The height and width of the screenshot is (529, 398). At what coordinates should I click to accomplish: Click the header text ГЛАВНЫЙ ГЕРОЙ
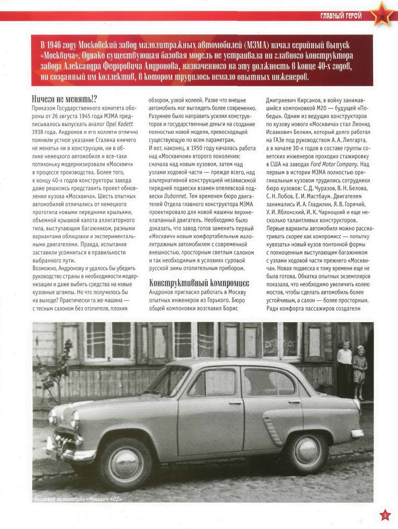pyautogui.click(x=341, y=16)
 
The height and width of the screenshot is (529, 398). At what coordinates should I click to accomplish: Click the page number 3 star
pyautogui.click(x=386, y=515)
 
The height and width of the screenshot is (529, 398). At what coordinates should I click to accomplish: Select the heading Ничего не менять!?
pyautogui.click(x=65, y=99)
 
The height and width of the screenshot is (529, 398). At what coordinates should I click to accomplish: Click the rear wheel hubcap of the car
pyautogui.click(x=308, y=450)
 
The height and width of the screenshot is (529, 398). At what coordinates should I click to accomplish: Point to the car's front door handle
pyautogui.click(x=235, y=403)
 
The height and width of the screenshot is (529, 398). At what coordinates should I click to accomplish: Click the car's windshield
pyautogui.click(x=167, y=381)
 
